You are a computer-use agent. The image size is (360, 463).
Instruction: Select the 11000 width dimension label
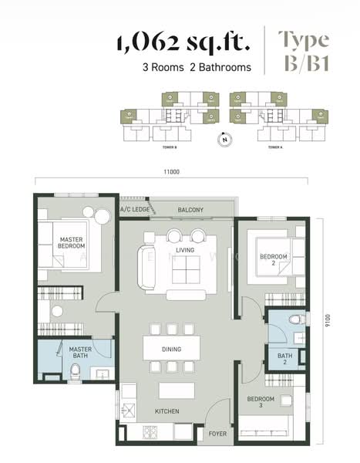pos(170,172)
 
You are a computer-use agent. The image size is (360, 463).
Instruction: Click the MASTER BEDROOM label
pos(71,244)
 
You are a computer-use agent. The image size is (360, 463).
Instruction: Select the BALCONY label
pos(190,210)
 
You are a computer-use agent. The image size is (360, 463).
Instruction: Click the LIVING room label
pos(185,250)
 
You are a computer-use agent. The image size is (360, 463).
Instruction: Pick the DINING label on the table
pos(171,349)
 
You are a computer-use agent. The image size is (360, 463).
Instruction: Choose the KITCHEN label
pos(167,411)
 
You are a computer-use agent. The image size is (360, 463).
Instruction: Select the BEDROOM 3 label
pos(261,403)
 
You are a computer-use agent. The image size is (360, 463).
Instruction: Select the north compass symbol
pos(224,139)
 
